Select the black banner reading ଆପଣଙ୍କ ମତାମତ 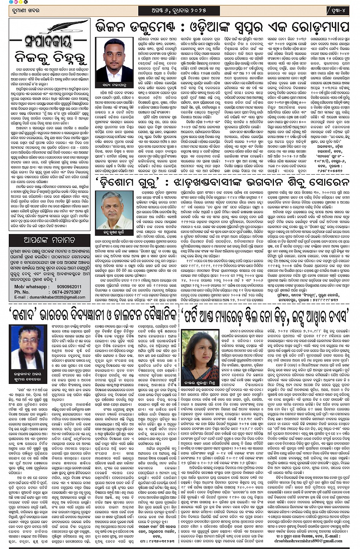50,240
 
